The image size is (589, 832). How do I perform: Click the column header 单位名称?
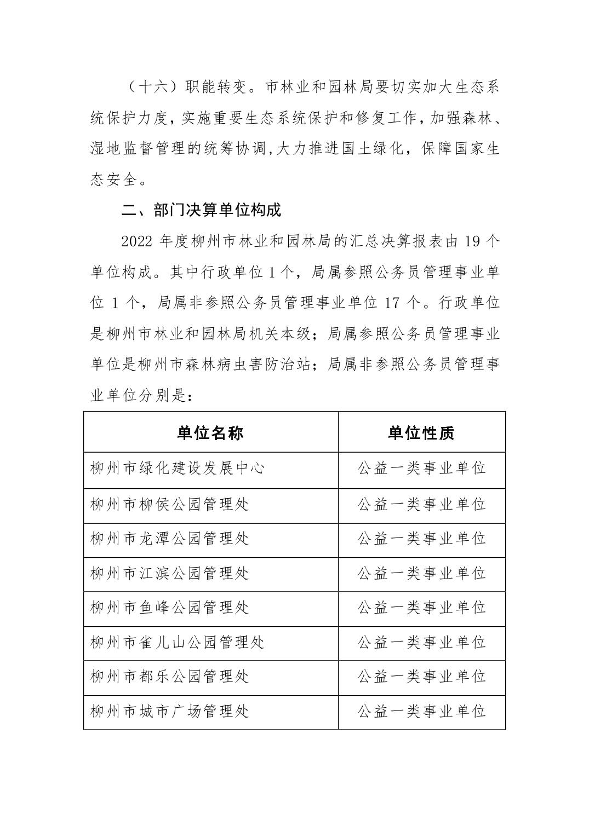coord(210,433)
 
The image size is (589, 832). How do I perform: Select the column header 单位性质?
coord(421,433)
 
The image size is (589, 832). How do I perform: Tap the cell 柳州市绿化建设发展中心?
coord(178,469)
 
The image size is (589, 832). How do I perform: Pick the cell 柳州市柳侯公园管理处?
coord(170,504)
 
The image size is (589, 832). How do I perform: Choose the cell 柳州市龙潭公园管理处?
coord(170,539)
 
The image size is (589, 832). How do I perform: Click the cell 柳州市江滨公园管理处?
coord(170,573)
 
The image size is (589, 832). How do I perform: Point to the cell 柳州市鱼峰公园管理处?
coord(170,608)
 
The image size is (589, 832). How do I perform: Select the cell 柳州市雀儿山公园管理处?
coord(178,642)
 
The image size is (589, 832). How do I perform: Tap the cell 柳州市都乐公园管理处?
coord(170,677)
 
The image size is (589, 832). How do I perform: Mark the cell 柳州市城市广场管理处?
coord(170,711)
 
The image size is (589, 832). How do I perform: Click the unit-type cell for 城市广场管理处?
coord(421,711)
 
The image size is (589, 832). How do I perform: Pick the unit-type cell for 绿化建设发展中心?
coord(421,469)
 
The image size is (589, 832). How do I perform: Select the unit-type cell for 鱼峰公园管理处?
coord(421,608)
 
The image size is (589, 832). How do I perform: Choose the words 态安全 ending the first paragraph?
coord(113,180)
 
